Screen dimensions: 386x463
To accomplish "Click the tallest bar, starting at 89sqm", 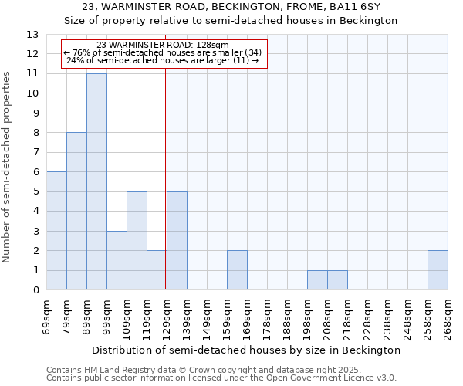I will (x=96, y=181).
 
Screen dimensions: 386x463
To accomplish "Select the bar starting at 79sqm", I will (x=76, y=211).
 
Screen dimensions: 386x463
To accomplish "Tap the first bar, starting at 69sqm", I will (x=56, y=231).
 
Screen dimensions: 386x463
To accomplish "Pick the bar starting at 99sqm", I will (x=117, y=260).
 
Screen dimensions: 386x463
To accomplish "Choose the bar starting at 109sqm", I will (x=137, y=241).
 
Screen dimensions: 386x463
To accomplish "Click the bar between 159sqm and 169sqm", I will (x=237, y=270).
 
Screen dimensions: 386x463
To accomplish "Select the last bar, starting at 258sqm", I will (x=438, y=270).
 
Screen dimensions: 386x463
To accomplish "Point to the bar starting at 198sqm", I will (x=317, y=280).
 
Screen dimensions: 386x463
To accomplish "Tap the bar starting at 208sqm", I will (x=337, y=280).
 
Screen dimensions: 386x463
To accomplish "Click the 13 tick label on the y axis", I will (x=32, y=35).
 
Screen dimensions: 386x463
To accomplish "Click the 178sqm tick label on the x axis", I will (x=268, y=317).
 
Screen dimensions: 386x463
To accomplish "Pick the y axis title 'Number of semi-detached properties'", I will (x=8, y=167).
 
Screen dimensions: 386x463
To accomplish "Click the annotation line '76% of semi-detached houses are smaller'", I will (x=163, y=52).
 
